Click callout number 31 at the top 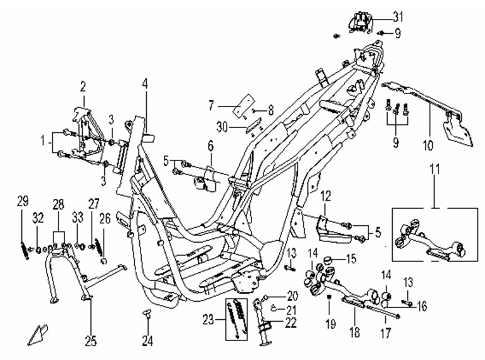click(x=399, y=16)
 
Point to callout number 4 click(x=145, y=83)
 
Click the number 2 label click(x=82, y=85)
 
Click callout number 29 click(x=23, y=201)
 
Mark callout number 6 click(x=211, y=146)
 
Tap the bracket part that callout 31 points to click(x=360, y=22)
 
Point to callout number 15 click(x=350, y=257)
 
